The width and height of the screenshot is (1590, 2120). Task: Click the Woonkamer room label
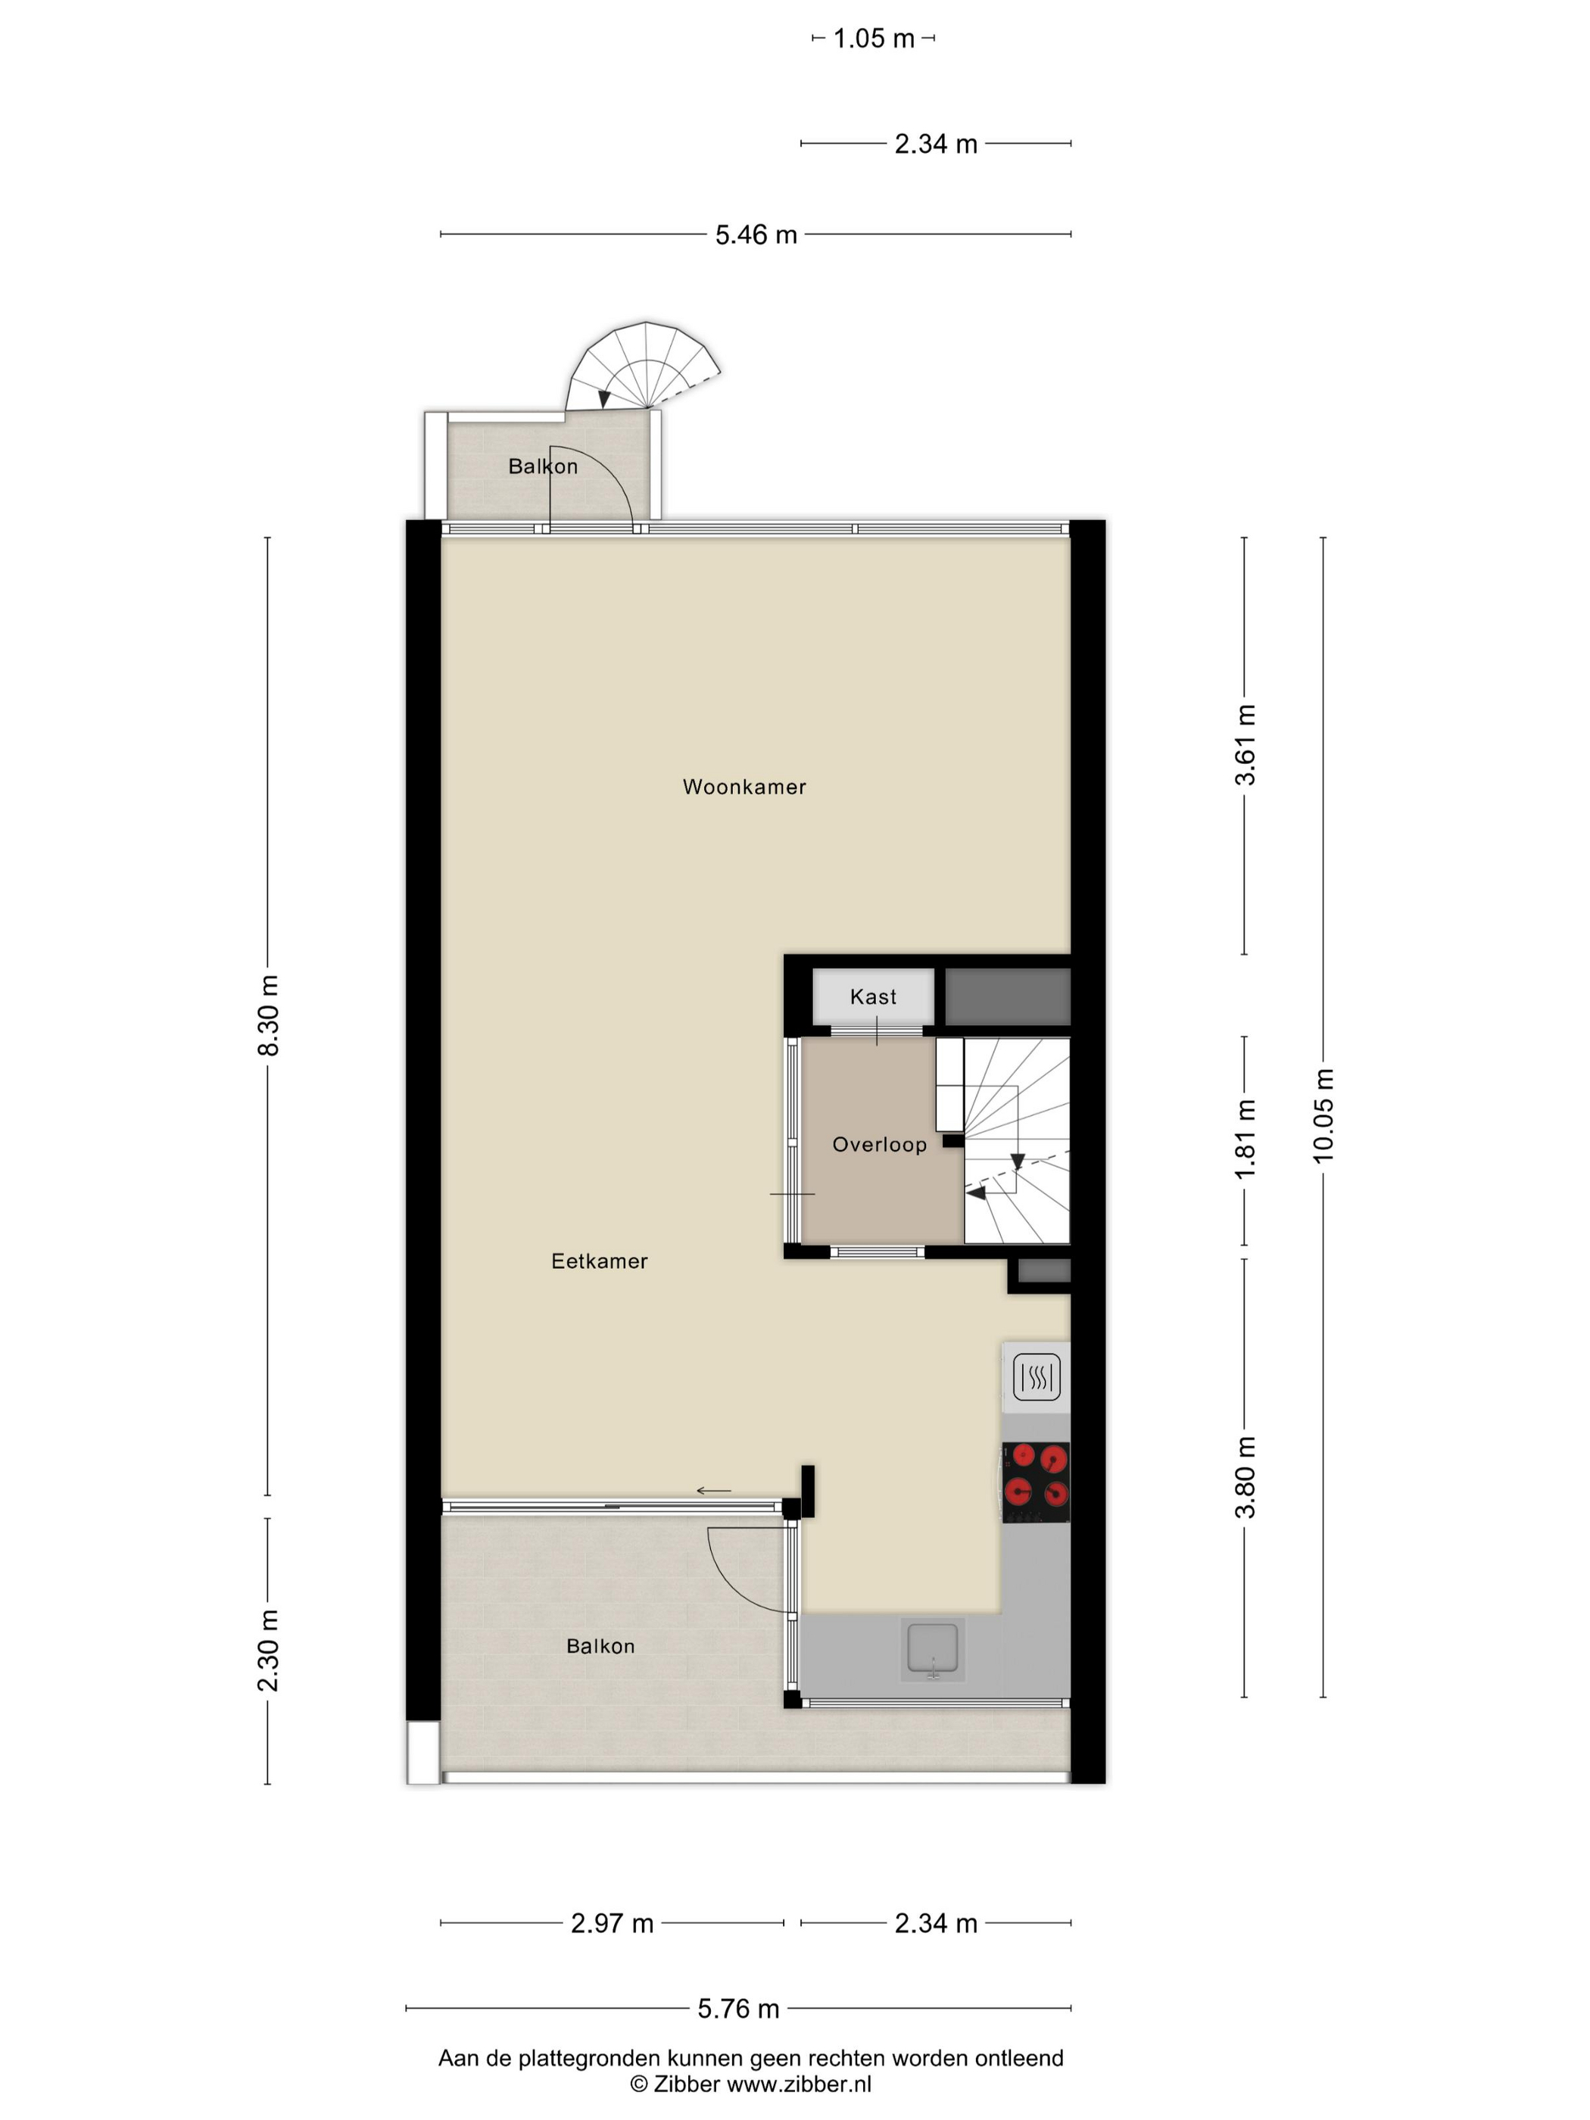(744, 787)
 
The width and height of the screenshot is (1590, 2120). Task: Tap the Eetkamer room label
(599, 1261)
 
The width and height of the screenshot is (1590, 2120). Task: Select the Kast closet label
(873, 996)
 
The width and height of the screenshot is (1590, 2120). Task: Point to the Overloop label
(879, 1144)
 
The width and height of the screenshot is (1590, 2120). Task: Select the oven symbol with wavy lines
(1036, 1378)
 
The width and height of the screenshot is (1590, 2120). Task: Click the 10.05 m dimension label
(1323, 1115)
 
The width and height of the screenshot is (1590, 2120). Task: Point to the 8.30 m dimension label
(267, 1016)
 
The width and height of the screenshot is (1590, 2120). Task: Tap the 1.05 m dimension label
(874, 39)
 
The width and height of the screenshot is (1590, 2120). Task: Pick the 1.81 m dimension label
(1244, 1139)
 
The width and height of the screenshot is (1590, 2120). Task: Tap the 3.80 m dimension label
(1244, 1478)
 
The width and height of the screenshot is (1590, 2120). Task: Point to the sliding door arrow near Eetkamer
(713, 1490)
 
